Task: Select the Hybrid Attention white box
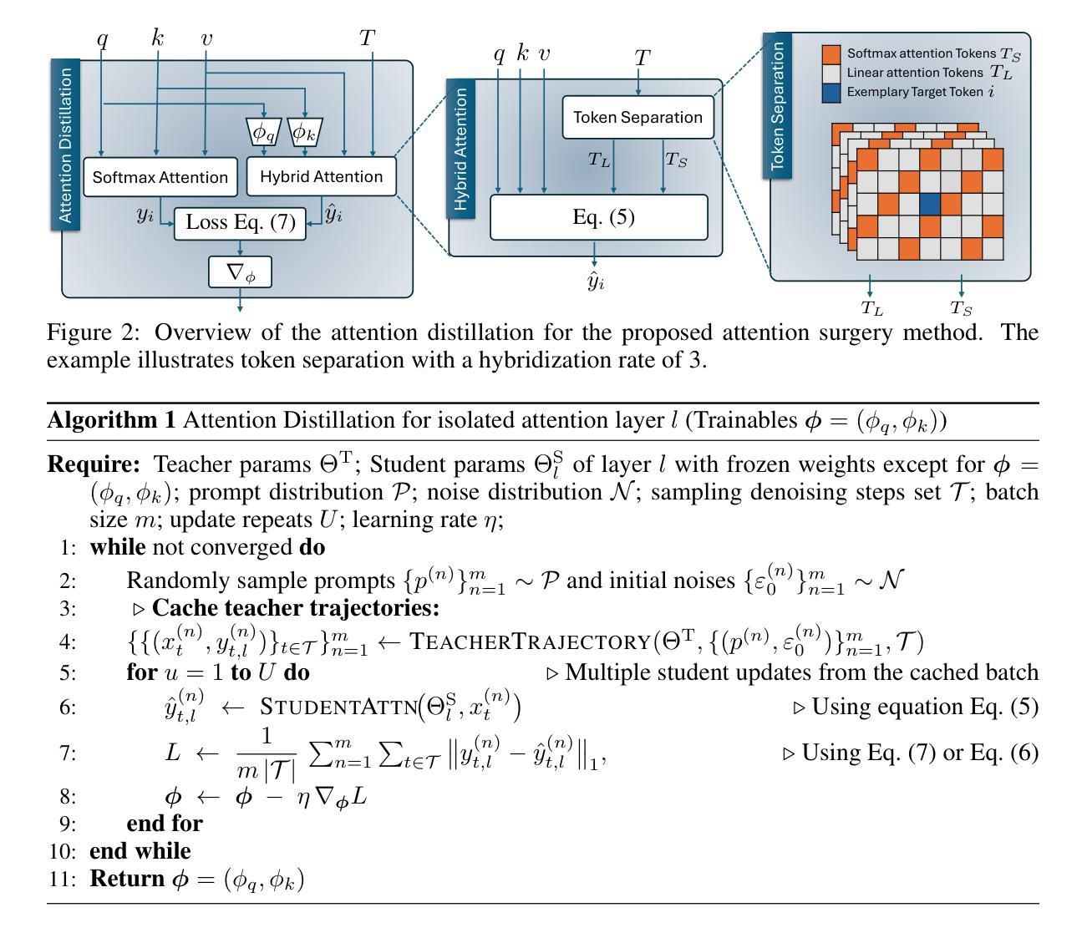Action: point(321,177)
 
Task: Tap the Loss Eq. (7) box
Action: point(240,223)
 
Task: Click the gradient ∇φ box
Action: point(240,272)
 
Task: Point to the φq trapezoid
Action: point(264,132)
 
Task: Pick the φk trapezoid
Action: point(305,132)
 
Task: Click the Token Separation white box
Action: point(637,117)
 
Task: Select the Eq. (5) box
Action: point(598,217)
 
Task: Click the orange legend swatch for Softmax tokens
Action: point(831,54)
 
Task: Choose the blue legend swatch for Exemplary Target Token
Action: point(831,92)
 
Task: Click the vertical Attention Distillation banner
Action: point(67,145)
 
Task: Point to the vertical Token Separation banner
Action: point(778,105)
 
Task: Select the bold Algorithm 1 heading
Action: point(111,420)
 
